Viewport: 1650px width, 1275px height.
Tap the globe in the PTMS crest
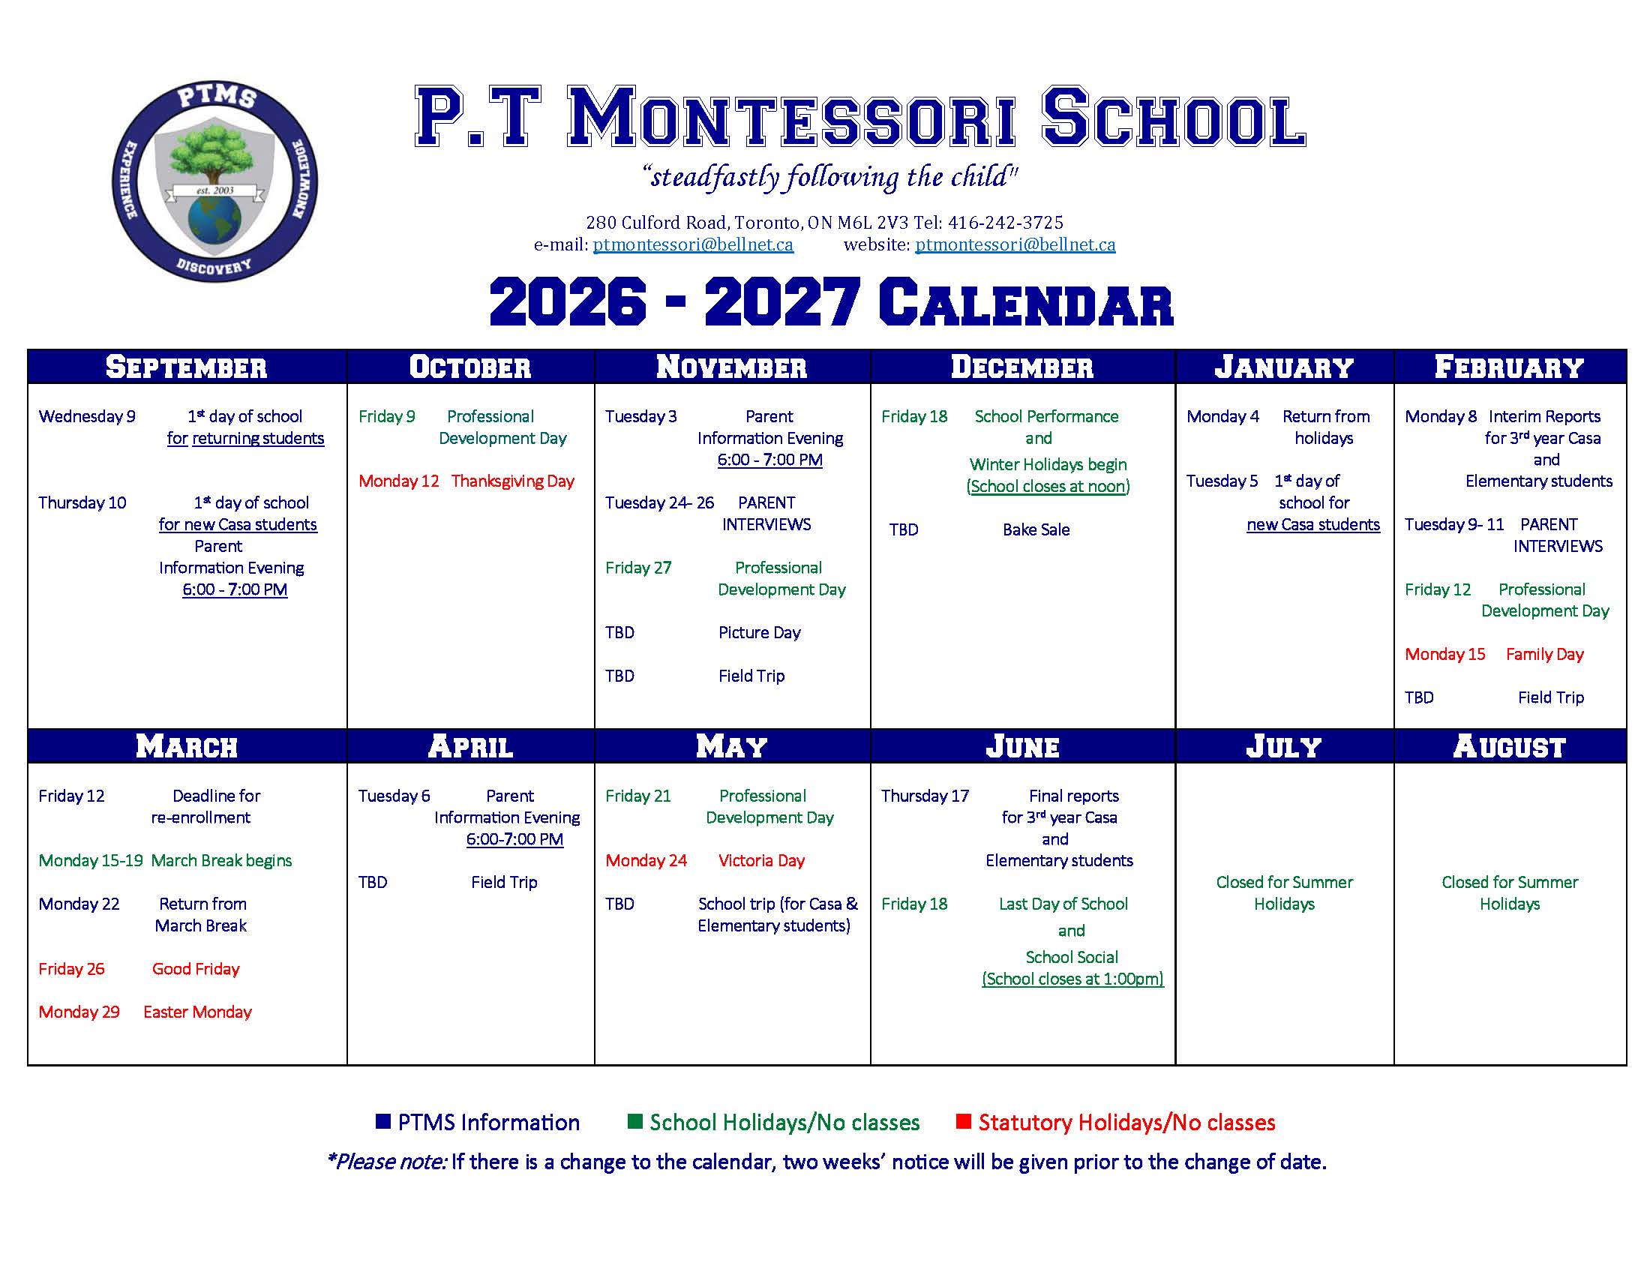(214, 220)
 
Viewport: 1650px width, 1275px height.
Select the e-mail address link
(693, 244)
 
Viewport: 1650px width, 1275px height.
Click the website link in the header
(1015, 244)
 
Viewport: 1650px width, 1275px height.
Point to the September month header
(187, 367)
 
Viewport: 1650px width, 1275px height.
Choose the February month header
(1510, 367)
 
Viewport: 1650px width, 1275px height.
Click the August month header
(1510, 746)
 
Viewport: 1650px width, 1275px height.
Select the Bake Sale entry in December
(1036, 529)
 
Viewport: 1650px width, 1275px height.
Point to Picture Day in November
(759, 633)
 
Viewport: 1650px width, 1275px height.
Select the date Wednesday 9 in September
(87, 416)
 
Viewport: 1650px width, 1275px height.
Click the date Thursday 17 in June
(925, 795)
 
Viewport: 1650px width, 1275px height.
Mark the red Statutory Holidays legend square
(962, 1121)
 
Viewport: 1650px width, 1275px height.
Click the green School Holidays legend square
(634, 1121)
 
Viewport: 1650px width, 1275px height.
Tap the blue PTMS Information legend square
(383, 1121)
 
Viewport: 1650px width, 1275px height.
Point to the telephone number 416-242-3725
(1006, 223)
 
